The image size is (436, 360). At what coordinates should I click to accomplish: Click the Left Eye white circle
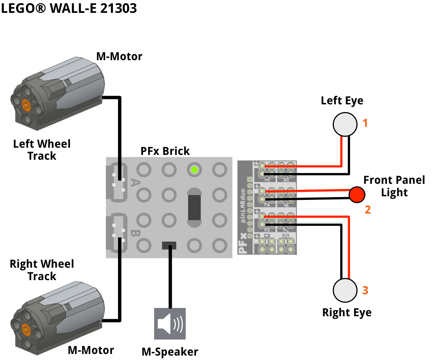click(x=345, y=124)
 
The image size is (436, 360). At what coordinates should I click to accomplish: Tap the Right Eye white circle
click(x=345, y=290)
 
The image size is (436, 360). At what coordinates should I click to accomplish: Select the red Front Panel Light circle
click(x=357, y=194)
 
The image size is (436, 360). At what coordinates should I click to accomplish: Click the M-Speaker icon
click(x=170, y=323)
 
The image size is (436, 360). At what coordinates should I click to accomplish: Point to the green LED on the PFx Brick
click(x=194, y=170)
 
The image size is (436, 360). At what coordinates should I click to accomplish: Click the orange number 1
click(x=365, y=123)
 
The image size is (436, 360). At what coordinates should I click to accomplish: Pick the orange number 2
click(x=368, y=209)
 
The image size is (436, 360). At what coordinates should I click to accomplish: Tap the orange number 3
click(x=365, y=290)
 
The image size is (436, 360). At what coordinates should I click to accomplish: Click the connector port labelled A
click(x=117, y=182)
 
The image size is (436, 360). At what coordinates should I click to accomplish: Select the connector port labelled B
click(x=117, y=233)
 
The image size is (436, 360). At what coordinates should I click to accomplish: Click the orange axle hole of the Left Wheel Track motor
click(x=26, y=105)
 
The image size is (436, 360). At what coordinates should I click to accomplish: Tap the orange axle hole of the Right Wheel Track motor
click(x=26, y=330)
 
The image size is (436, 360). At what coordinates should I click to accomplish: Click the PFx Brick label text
click(x=165, y=151)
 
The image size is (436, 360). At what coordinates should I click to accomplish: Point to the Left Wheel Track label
click(x=42, y=150)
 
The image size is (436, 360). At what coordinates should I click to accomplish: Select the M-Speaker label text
click(x=170, y=352)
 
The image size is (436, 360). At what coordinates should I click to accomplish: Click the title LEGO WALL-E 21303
click(x=69, y=8)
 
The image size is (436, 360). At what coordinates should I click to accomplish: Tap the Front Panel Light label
click(x=394, y=186)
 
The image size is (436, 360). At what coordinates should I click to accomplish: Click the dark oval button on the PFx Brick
click(x=194, y=207)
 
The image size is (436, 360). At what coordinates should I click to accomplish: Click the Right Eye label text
click(x=347, y=313)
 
